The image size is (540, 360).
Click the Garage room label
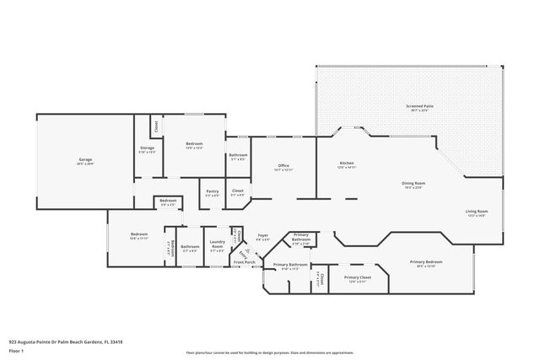tap(85, 159)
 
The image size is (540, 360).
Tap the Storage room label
tap(147, 148)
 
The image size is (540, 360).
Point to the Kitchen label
tap(346, 163)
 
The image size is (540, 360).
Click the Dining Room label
tap(413, 183)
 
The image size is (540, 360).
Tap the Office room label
tap(283, 165)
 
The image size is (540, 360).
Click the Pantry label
tap(212, 191)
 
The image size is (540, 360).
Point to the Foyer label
tap(263, 237)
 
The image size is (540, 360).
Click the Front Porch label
tap(245, 263)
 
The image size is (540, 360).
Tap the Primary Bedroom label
tap(426, 263)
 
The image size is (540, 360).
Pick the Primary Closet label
tap(358, 277)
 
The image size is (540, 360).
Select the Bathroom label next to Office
tap(237, 155)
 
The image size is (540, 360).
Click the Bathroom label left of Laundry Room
tap(189, 247)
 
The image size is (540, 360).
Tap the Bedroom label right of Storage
tap(194, 144)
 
